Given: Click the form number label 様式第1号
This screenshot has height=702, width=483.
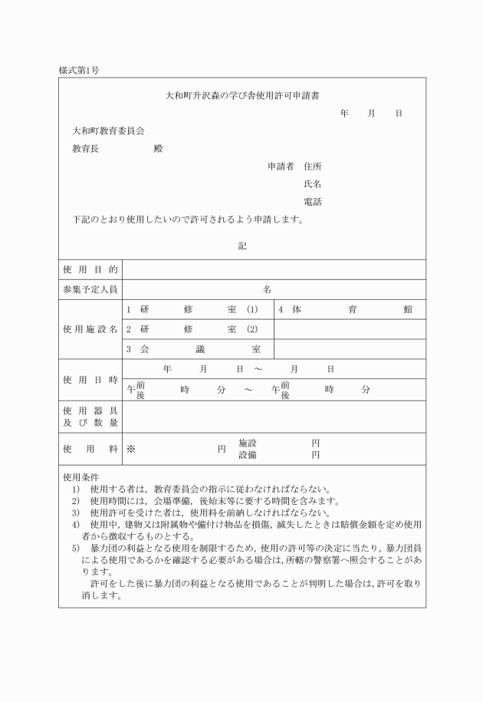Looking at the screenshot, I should [x=78, y=70].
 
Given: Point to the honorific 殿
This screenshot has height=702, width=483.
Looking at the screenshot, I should [x=158, y=148].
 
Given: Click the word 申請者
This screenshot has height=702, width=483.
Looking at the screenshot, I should [x=281, y=166].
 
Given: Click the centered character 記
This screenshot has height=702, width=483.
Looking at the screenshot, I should [x=242, y=246].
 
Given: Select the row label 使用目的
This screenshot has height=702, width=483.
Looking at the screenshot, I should [x=90, y=270].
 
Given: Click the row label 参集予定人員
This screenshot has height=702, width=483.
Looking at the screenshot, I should [x=90, y=290].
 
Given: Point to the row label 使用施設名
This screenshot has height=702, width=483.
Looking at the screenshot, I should [x=90, y=329].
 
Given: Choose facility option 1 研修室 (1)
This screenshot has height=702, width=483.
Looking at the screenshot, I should [x=192, y=309].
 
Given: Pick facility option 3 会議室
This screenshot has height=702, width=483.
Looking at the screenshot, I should [x=192, y=349].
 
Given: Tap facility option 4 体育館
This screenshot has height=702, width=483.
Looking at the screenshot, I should [x=345, y=309].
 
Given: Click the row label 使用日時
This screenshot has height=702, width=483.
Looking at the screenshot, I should [x=90, y=380].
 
